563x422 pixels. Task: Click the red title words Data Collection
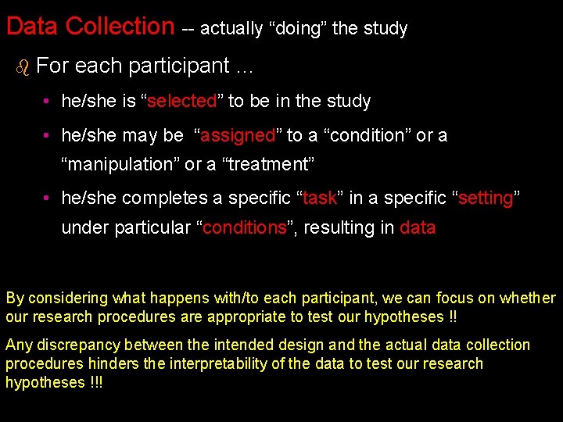(90, 26)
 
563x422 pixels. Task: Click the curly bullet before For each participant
(22, 67)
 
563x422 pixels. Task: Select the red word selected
(181, 101)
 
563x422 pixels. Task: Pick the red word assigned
(238, 135)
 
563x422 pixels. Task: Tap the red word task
(319, 198)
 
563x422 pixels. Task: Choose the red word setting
(485, 198)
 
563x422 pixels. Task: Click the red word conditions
(245, 227)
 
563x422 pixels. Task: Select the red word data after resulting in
(418, 227)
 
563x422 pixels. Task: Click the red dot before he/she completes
(48, 198)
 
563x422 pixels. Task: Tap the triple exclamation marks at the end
(96, 382)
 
